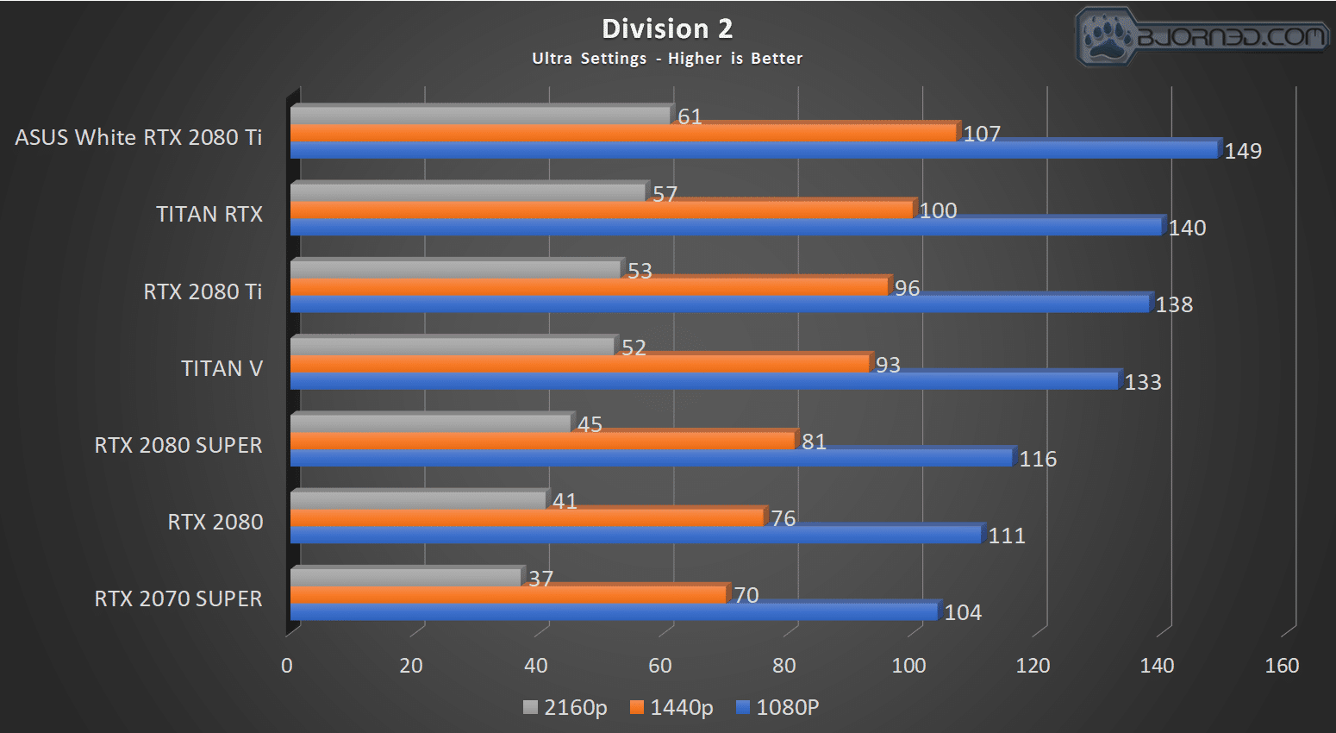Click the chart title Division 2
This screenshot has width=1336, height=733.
click(667, 28)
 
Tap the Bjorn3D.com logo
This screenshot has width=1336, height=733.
click(1202, 37)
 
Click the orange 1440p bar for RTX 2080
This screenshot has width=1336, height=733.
click(528, 518)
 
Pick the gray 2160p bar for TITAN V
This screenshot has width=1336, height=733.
click(453, 347)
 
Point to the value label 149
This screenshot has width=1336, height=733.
click(1243, 151)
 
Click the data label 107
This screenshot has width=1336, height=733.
click(982, 134)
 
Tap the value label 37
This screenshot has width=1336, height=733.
click(540, 579)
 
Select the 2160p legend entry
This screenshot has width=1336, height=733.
click(565, 707)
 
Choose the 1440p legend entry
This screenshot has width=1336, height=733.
click(671, 707)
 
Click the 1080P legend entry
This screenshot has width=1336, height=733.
click(777, 707)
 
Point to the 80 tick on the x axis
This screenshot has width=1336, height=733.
click(784, 665)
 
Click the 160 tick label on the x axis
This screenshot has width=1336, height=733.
click(1282, 665)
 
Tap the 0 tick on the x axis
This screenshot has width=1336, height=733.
click(287, 665)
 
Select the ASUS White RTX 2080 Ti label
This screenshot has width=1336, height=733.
click(139, 137)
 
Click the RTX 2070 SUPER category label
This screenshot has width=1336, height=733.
click(178, 598)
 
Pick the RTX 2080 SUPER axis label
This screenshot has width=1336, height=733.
click(178, 445)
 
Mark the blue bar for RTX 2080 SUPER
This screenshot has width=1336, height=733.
click(652, 458)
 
